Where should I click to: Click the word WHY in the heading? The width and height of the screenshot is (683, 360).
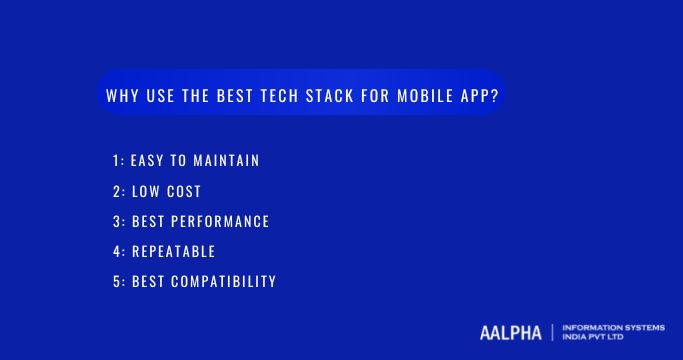[x=122, y=97]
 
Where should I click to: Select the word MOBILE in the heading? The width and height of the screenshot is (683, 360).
[x=425, y=97]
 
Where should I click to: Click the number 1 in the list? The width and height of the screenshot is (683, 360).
[x=116, y=161]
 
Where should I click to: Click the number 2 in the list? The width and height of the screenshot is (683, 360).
[x=116, y=191]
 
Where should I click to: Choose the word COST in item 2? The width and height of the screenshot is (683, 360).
[x=183, y=191]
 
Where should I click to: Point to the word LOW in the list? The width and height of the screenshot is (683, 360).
[x=144, y=191]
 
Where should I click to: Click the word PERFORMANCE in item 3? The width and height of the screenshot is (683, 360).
[x=220, y=221]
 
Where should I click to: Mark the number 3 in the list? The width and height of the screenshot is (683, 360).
[x=116, y=221]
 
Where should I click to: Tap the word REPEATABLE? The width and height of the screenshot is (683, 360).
[x=173, y=251]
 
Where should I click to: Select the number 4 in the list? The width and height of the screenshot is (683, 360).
[x=116, y=251]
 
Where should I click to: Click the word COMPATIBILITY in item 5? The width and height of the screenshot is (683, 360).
[x=223, y=281]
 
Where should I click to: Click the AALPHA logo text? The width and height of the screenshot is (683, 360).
[x=510, y=332]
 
